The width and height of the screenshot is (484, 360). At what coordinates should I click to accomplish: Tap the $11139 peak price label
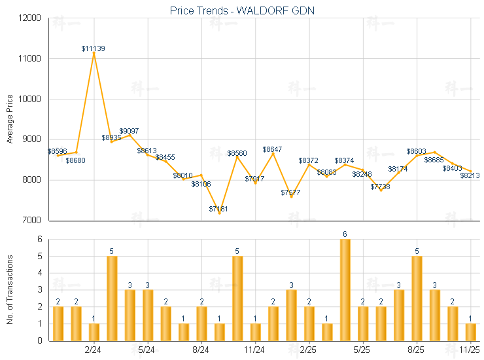click(94, 48)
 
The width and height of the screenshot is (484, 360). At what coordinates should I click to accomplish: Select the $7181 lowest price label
click(220, 209)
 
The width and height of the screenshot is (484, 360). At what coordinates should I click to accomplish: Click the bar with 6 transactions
click(345, 289)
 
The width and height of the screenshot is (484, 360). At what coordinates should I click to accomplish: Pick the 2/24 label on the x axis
click(94, 350)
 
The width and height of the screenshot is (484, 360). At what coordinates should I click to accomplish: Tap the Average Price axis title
click(9, 119)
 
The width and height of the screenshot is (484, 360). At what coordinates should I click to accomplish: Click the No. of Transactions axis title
click(9, 289)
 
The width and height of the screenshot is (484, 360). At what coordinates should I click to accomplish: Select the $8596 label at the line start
click(58, 151)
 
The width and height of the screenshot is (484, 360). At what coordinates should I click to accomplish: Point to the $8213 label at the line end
click(470, 175)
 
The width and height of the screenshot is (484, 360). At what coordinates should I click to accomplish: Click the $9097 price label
click(129, 131)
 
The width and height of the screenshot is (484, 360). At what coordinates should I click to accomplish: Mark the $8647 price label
click(273, 149)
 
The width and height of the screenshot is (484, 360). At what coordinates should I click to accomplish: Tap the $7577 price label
click(290, 192)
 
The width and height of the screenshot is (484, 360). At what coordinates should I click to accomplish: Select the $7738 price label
click(380, 187)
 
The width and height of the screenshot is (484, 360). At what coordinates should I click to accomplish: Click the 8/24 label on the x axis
click(201, 350)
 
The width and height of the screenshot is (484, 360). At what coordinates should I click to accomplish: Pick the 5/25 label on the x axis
click(362, 350)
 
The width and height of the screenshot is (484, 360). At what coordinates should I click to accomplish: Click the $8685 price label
click(434, 160)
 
